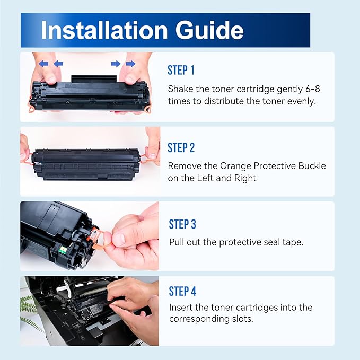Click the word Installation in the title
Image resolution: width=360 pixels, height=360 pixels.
(x=104, y=30)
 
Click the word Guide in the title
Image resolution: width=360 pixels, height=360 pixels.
(x=209, y=30)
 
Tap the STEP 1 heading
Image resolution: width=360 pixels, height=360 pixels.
(x=181, y=70)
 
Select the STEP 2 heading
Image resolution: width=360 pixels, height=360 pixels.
(x=181, y=147)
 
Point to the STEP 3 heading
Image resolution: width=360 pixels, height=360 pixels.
(x=182, y=224)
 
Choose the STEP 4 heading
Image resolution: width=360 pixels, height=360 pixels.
(x=182, y=292)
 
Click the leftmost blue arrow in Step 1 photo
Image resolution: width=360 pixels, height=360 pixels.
(x=43, y=64)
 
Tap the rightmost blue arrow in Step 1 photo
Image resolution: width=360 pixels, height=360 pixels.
(x=130, y=64)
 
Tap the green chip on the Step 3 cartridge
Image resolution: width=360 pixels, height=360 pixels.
(x=62, y=250)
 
